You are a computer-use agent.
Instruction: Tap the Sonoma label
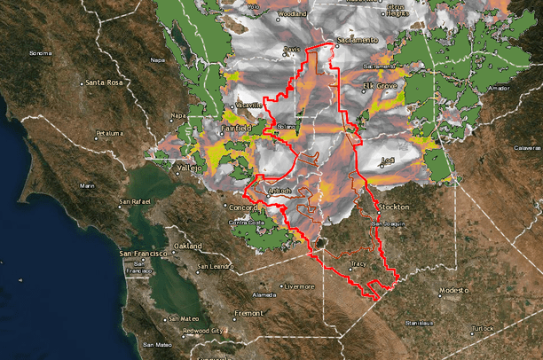[x=41, y=53]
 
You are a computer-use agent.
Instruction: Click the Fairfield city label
[x=234, y=128]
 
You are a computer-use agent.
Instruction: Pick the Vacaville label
[x=249, y=105]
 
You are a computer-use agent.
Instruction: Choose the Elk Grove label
[x=382, y=85]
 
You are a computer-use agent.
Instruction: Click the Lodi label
[x=388, y=160]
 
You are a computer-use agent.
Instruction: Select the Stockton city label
[x=394, y=206]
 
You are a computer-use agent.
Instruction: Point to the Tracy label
[x=359, y=263]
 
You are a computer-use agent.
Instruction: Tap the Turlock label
[x=483, y=328]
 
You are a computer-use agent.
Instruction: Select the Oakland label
[x=188, y=246]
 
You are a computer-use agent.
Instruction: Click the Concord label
[x=242, y=207]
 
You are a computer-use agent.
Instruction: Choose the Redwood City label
[x=201, y=331]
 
